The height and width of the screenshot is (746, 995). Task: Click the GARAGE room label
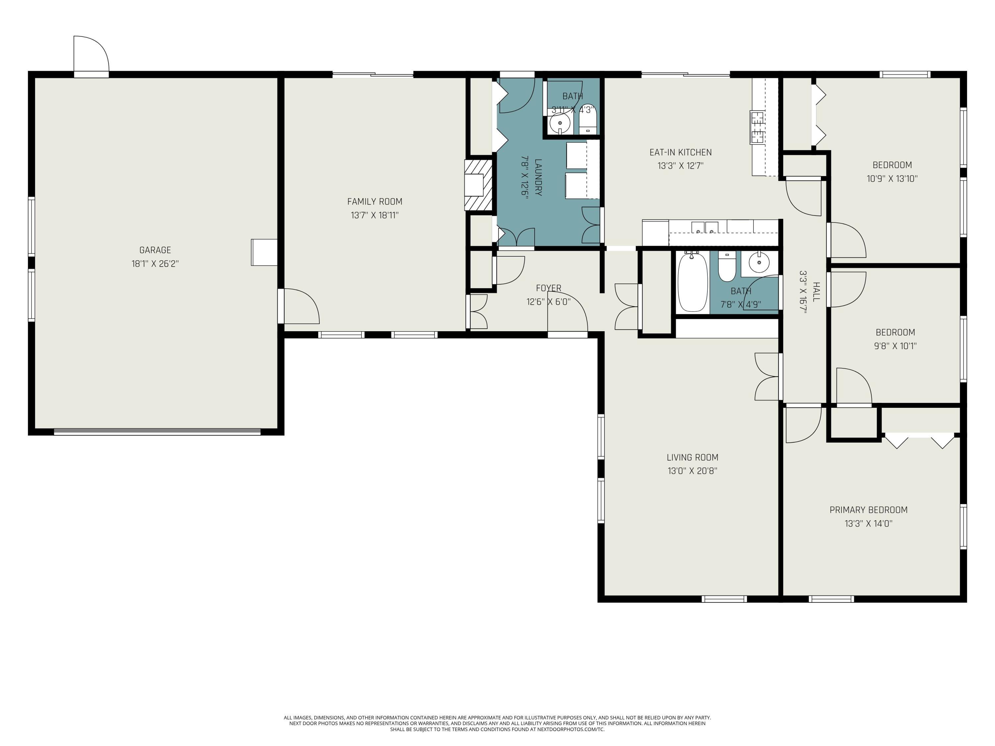(155, 250)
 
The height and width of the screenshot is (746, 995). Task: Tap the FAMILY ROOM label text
(375, 202)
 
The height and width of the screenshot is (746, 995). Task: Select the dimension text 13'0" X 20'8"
(692, 471)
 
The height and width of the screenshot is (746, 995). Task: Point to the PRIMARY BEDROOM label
(869, 510)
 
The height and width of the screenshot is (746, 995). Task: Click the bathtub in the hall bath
(693, 282)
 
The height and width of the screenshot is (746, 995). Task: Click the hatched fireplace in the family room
(479, 185)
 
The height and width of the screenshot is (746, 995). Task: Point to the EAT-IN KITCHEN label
(681, 153)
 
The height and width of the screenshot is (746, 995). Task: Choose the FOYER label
(549, 288)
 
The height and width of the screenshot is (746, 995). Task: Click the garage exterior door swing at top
(91, 53)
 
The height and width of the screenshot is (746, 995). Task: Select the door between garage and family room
(299, 306)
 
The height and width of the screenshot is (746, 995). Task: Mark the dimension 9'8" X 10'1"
(895, 346)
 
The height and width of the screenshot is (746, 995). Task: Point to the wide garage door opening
(157, 432)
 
